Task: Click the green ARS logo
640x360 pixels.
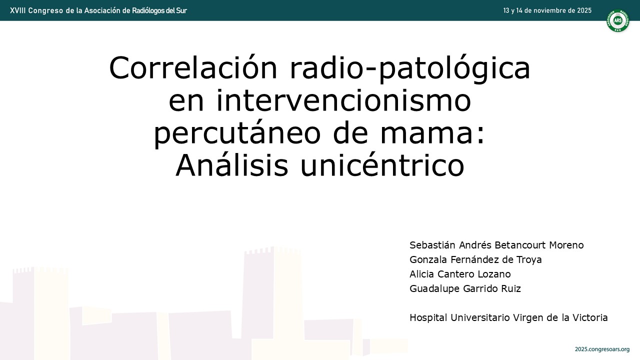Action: coord(617,20)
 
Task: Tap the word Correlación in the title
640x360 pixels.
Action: coord(193,68)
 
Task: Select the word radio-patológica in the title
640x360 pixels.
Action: coord(410,69)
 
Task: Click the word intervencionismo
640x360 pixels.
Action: coord(319,100)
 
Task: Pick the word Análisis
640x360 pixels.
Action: coord(231,165)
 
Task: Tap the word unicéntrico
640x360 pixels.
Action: coord(382,165)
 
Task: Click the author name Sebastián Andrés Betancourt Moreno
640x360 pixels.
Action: coord(496,245)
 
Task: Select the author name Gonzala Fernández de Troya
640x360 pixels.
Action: coord(475,259)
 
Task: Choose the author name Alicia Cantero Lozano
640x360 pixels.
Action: coord(460,274)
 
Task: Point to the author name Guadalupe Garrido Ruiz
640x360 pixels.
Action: coord(465,288)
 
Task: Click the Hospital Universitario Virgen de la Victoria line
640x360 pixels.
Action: coord(508,317)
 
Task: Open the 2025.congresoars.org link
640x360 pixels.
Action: coord(602,349)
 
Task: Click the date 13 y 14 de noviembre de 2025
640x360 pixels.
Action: coord(547,10)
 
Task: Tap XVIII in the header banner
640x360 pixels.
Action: coord(17,10)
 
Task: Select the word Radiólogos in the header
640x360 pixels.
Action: coord(148,11)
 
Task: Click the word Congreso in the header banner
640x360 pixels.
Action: coord(45,11)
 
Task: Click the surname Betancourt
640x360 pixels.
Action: coord(520,245)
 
